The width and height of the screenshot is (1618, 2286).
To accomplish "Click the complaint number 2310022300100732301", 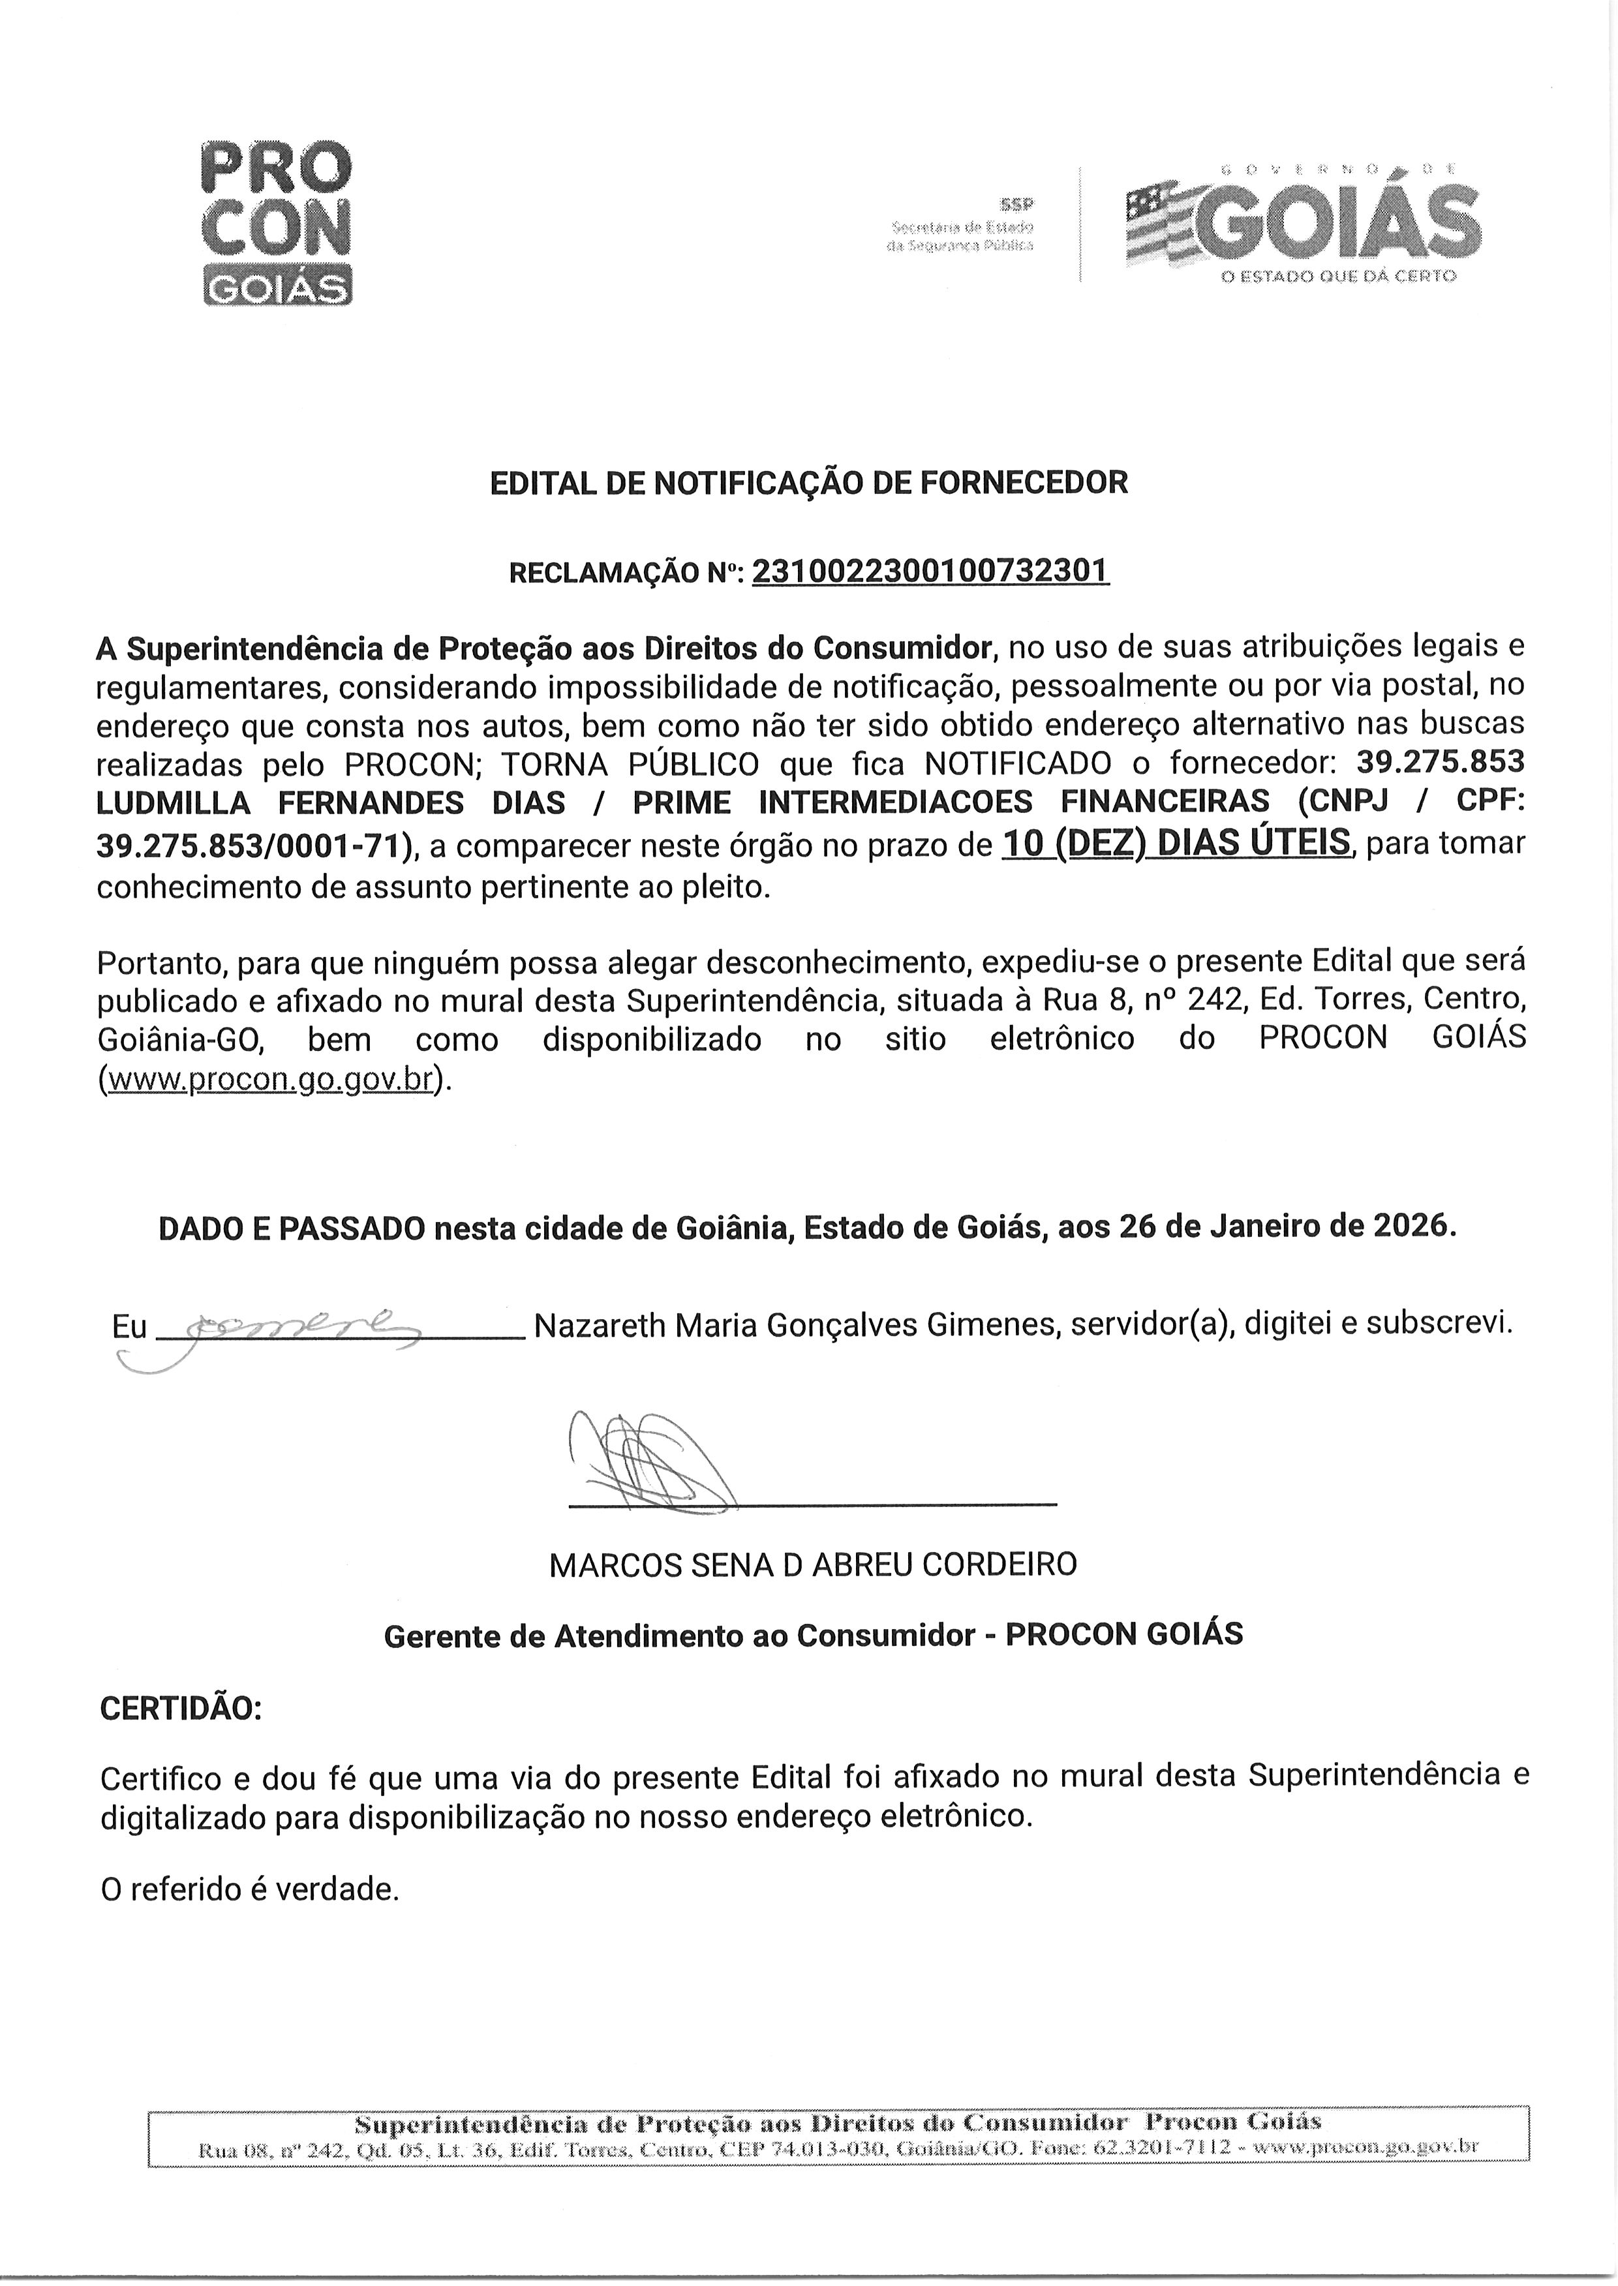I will pos(930,571).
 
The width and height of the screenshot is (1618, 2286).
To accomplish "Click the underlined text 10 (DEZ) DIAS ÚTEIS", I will pos(1176,843).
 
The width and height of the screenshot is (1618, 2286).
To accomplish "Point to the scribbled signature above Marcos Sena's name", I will pos(648,1460).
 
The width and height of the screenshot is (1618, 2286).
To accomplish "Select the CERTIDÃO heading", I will pos(180,1709).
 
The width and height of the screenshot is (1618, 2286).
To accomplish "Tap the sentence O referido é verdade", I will pos(249,1889).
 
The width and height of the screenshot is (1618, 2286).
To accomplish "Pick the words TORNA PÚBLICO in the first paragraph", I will pos(630,764).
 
